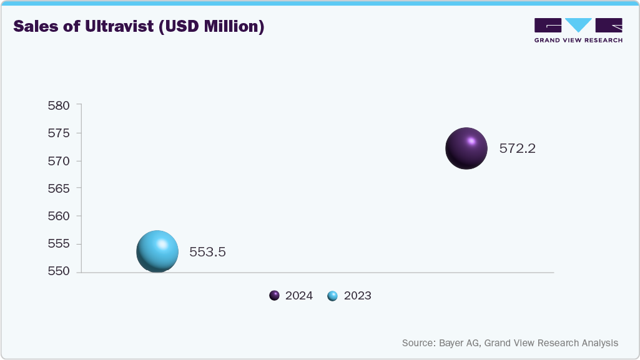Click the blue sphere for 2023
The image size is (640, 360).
click(157, 251)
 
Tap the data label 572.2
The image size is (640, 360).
click(518, 149)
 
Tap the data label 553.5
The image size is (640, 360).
click(207, 253)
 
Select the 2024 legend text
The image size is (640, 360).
click(299, 296)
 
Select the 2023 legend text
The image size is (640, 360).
click(357, 296)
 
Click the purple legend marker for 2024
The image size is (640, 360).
click(274, 296)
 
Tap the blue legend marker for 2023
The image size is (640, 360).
click(332, 296)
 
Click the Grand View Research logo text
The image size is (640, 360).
click(578, 40)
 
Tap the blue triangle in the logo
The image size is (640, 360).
click(578, 24)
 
